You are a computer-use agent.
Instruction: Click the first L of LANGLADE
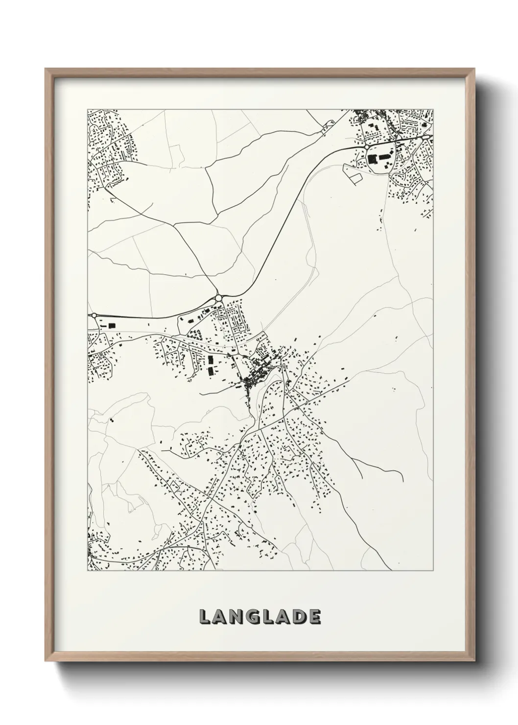point(205,617)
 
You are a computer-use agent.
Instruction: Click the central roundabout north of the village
point(219,298)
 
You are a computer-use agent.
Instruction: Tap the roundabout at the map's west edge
point(93,316)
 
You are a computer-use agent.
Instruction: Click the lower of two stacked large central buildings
point(211,372)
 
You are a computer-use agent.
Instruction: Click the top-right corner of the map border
point(434,109)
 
